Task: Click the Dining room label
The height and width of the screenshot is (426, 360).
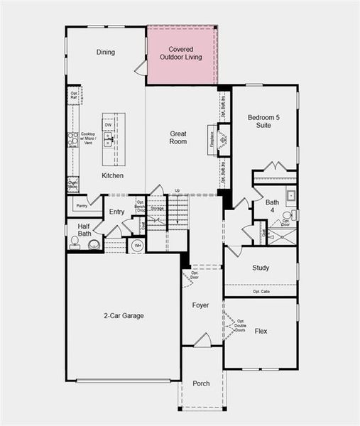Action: pos(105,52)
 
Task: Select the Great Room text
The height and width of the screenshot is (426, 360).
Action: pos(178,137)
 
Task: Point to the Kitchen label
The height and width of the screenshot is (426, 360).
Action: pos(112,175)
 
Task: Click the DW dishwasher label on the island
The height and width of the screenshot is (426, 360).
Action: pos(108,126)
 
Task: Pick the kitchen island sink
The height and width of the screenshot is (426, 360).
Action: pos(109,141)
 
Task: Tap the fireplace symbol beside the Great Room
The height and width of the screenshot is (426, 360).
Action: pos(223,140)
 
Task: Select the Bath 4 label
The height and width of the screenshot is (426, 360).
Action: pos(273,206)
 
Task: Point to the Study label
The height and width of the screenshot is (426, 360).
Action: pos(261,268)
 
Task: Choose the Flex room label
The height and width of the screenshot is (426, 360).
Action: pos(261,331)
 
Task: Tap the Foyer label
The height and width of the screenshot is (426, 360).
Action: pos(200,305)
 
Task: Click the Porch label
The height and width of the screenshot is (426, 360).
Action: pos(201,383)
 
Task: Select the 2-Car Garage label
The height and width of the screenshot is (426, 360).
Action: pos(124,316)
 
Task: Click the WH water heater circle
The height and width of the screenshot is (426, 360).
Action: pos(136,246)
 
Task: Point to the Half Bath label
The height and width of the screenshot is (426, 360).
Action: pos(84,229)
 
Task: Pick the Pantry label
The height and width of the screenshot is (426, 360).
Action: pos(83,206)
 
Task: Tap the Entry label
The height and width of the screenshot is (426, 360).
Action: pos(117,212)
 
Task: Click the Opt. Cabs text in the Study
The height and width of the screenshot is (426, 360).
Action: pos(261,292)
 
